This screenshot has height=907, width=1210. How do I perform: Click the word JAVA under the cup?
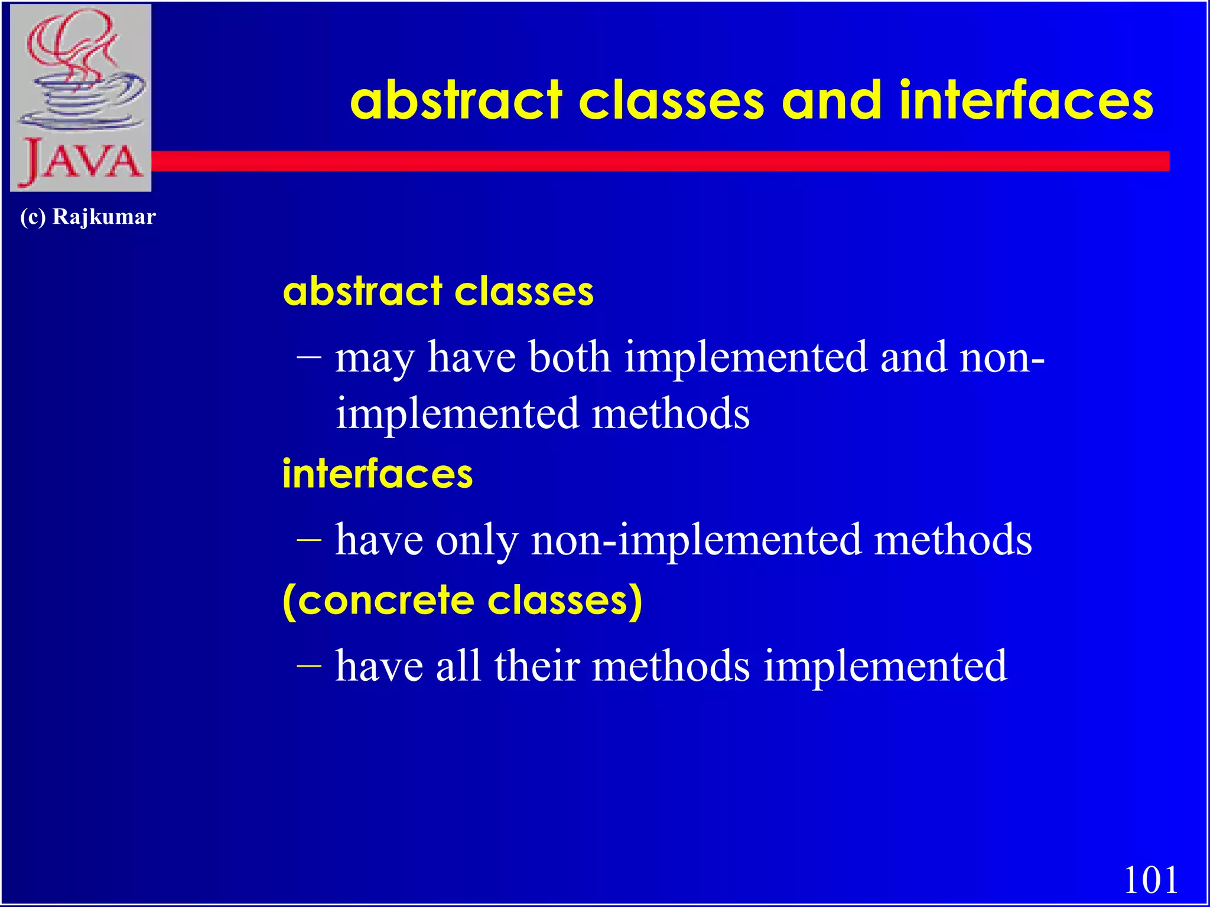(x=82, y=162)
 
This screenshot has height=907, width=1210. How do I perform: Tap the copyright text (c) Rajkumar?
(x=87, y=217)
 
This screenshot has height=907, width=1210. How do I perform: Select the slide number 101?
(x=1150, y=880)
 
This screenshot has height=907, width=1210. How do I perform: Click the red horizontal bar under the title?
(x=650, y=161)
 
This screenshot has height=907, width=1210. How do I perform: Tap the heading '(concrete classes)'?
(x=462, y=601)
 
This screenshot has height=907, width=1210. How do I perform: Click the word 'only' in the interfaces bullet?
(x=477, y=540)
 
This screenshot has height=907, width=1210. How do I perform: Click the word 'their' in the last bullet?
(x=537, y=666)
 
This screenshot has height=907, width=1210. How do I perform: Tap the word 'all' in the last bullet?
(x=458, y=666)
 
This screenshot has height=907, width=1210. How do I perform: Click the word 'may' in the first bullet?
(x=374, y=359)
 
